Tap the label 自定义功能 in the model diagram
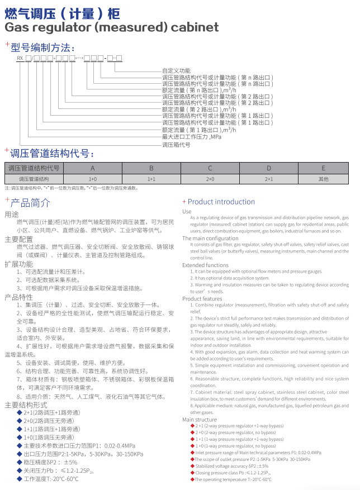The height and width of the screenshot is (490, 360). [176, 71]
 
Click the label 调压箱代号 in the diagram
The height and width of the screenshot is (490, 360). [177, 144]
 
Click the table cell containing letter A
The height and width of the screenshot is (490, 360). [93, 168]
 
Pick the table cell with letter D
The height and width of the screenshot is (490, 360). [268, 168]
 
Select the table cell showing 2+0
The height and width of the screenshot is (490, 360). [210, 179]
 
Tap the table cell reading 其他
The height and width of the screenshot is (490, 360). [324, 179]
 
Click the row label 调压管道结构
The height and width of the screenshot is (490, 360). [34, 179]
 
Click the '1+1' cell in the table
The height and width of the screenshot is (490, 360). [151, 179]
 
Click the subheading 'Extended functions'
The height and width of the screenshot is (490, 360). [205, 265]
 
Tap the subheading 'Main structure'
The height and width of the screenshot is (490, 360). [199, 419]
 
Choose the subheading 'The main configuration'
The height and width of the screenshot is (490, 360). [210, 238]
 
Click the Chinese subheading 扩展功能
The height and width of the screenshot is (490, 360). [18, 263]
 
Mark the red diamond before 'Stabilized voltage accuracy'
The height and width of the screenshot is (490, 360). [193, 466]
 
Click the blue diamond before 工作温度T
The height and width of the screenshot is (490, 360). [20, 479]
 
